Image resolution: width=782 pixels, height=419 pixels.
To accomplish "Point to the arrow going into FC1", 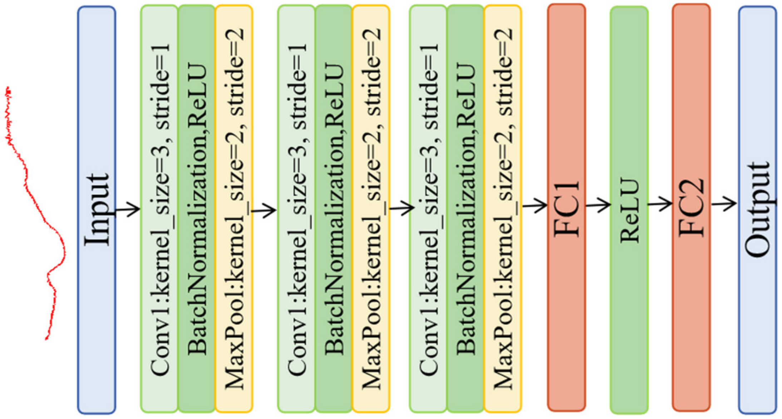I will click(535, 205).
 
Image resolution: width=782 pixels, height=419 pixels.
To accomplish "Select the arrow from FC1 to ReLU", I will click(598, 205).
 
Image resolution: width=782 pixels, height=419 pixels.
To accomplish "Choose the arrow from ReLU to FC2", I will click(660, 204).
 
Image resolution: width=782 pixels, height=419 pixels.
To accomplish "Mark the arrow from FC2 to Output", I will click(724, 204).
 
